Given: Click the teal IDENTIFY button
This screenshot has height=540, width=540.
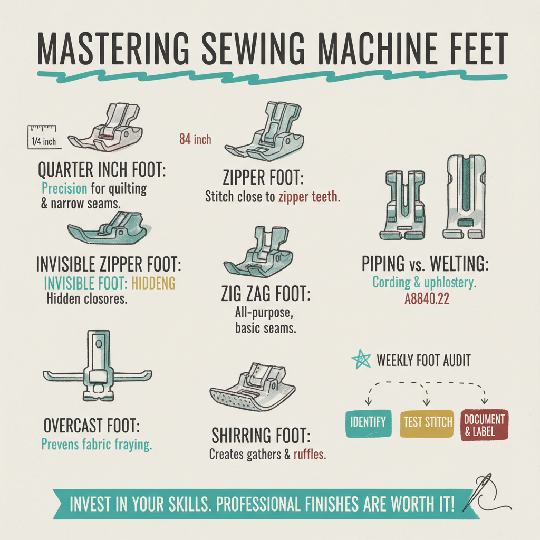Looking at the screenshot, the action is click(368, 423).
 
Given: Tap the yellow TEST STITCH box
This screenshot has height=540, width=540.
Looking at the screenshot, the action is click(427, 423).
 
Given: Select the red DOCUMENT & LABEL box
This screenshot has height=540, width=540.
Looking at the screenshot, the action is click(484, 425).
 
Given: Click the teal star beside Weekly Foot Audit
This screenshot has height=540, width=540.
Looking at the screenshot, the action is click(361, 360).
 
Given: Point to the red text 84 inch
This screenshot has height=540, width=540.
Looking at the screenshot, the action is click(195, 139).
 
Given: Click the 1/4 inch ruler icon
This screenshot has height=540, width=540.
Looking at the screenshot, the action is click(44, 137).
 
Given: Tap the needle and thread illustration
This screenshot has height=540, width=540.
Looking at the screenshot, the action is click(486, 493).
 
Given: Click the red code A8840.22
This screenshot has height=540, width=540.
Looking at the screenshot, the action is click(427, 298).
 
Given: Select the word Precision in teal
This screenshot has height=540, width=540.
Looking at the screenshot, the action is click(64, 188).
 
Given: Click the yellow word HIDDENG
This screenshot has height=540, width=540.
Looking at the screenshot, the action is click(153, 283).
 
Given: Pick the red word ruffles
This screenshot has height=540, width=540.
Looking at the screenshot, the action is click(309, 454).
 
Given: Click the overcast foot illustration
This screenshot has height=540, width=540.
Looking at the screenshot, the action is click(98, 365).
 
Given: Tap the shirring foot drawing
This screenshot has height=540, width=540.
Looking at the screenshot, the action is click(253, 387).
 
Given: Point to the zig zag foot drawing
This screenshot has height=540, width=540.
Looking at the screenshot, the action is click(258, 252).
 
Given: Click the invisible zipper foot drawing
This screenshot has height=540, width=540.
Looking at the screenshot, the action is click(109, 228).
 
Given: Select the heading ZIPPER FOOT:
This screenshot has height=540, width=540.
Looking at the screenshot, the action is click(263, 177).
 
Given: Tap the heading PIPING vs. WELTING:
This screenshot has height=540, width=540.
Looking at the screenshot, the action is click(425, 264).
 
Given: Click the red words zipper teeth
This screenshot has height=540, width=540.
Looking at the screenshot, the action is click(309, 197).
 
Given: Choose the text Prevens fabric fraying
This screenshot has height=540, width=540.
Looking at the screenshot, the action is click(97, 444).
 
